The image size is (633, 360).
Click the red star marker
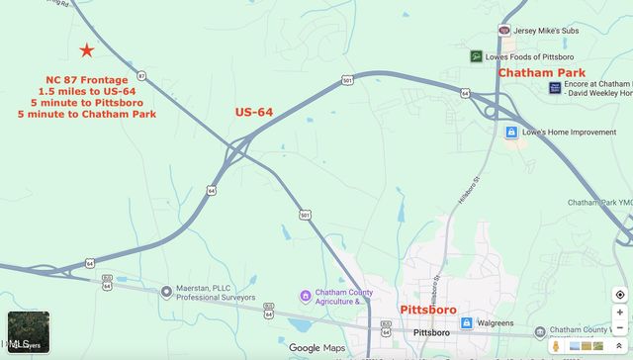coord(87,50)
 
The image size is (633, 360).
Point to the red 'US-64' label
coord(254,112)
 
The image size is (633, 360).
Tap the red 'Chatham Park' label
coord(541,73)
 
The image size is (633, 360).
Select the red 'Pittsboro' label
coord(427,310)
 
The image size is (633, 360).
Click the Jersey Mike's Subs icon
coord(505,31)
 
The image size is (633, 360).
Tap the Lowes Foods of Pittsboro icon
coord(477,56)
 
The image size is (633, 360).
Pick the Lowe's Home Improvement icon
coord(511,132)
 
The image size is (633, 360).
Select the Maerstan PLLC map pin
coord(165,292)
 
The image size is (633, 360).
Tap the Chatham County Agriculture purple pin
coord(306,296)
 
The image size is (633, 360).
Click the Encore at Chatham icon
coord(555,88)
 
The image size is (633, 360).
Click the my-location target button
coord(619,295)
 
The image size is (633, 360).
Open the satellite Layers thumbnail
coord(28,332)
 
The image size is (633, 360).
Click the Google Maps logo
coord(318,348)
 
